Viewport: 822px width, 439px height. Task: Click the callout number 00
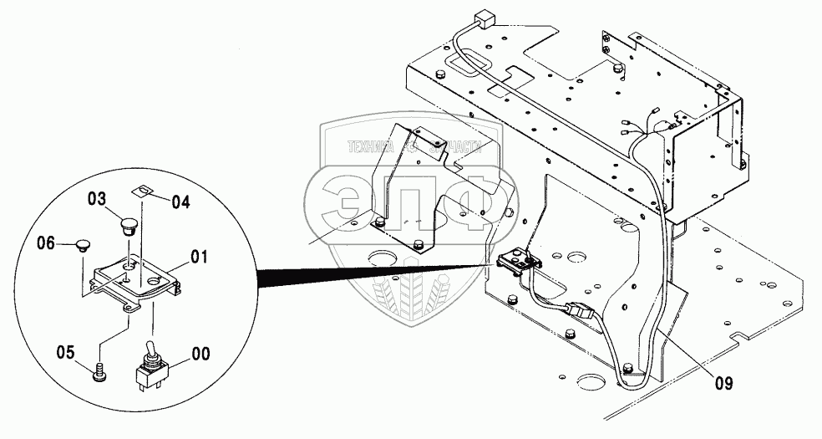pyautogui.click(x=202, y=354)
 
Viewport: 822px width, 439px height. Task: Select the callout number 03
pyautogui.click(x=97, y=198)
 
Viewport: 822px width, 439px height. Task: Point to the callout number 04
pyautogui.click(x=181, y=201)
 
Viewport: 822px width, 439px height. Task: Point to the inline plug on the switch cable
pyautogui.click(x=579, y=313)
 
